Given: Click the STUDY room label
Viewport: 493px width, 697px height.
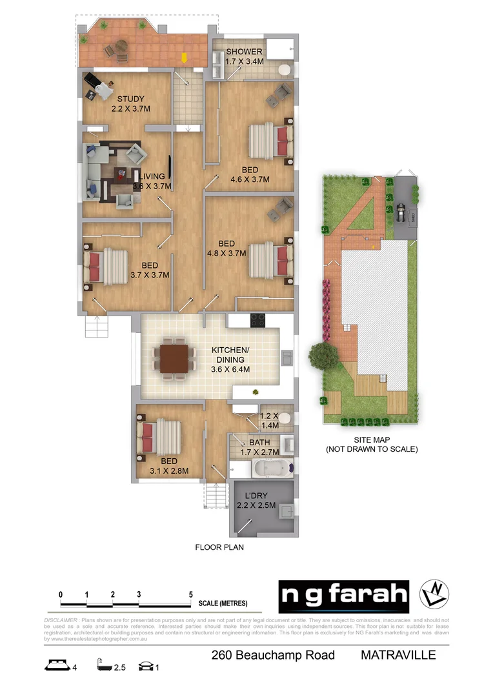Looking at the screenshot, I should point(130,99).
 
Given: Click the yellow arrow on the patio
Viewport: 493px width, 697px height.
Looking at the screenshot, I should point(184,57).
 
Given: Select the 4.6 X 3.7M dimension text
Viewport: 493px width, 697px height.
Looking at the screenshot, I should point(250,179).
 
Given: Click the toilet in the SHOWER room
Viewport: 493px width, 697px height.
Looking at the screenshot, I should point(284,69).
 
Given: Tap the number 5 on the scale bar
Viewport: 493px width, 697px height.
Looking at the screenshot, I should point(190,594).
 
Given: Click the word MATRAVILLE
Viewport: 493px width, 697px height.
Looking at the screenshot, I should point(397,656).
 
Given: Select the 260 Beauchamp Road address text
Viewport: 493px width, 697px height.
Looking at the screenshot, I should point(273,656).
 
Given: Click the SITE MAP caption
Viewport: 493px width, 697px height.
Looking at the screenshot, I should point(371,439).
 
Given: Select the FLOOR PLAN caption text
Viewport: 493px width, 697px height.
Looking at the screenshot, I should point(219,547).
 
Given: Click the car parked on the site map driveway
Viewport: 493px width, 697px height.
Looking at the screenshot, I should point(401,212).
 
